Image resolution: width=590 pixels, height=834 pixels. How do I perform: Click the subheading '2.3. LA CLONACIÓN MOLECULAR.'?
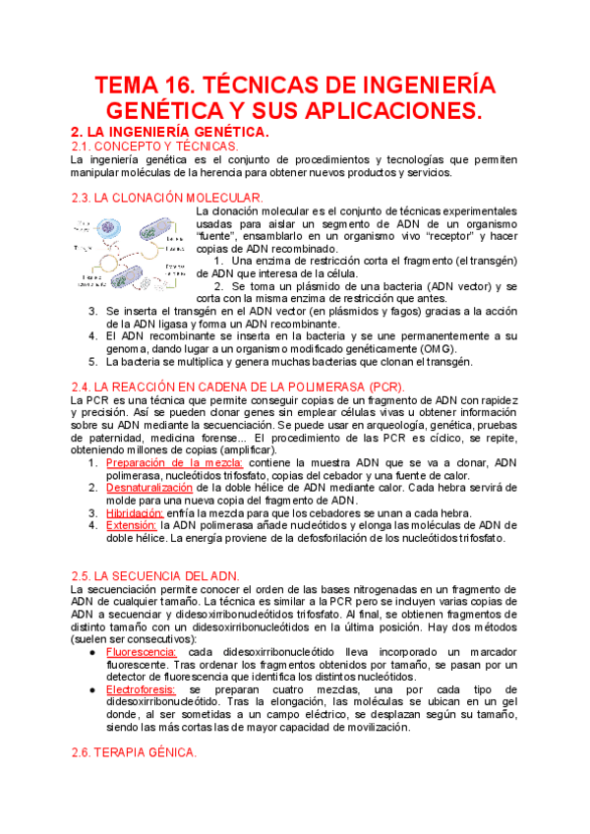pyautogui.click(x=168, y=198)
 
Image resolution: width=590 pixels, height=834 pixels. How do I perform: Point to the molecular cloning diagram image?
pyautogui.click(x=131, y=252)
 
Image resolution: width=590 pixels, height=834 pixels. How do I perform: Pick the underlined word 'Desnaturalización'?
pyautogui.click(x=149, y=487)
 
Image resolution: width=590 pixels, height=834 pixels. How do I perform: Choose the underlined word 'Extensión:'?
pyautogui.click(x=132, y=525)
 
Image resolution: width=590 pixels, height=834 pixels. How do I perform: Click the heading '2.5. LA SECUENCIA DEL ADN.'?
pyautogui.click(x=156, y=574)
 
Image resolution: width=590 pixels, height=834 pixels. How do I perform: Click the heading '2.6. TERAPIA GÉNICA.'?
pyautogui.click(x=135, y=752)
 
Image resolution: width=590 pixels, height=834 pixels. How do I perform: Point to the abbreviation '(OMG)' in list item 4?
pyautogui.click(x=411, y=348)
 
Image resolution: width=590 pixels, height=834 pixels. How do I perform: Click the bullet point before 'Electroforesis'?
pyautogui.click(x=91, y=690)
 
